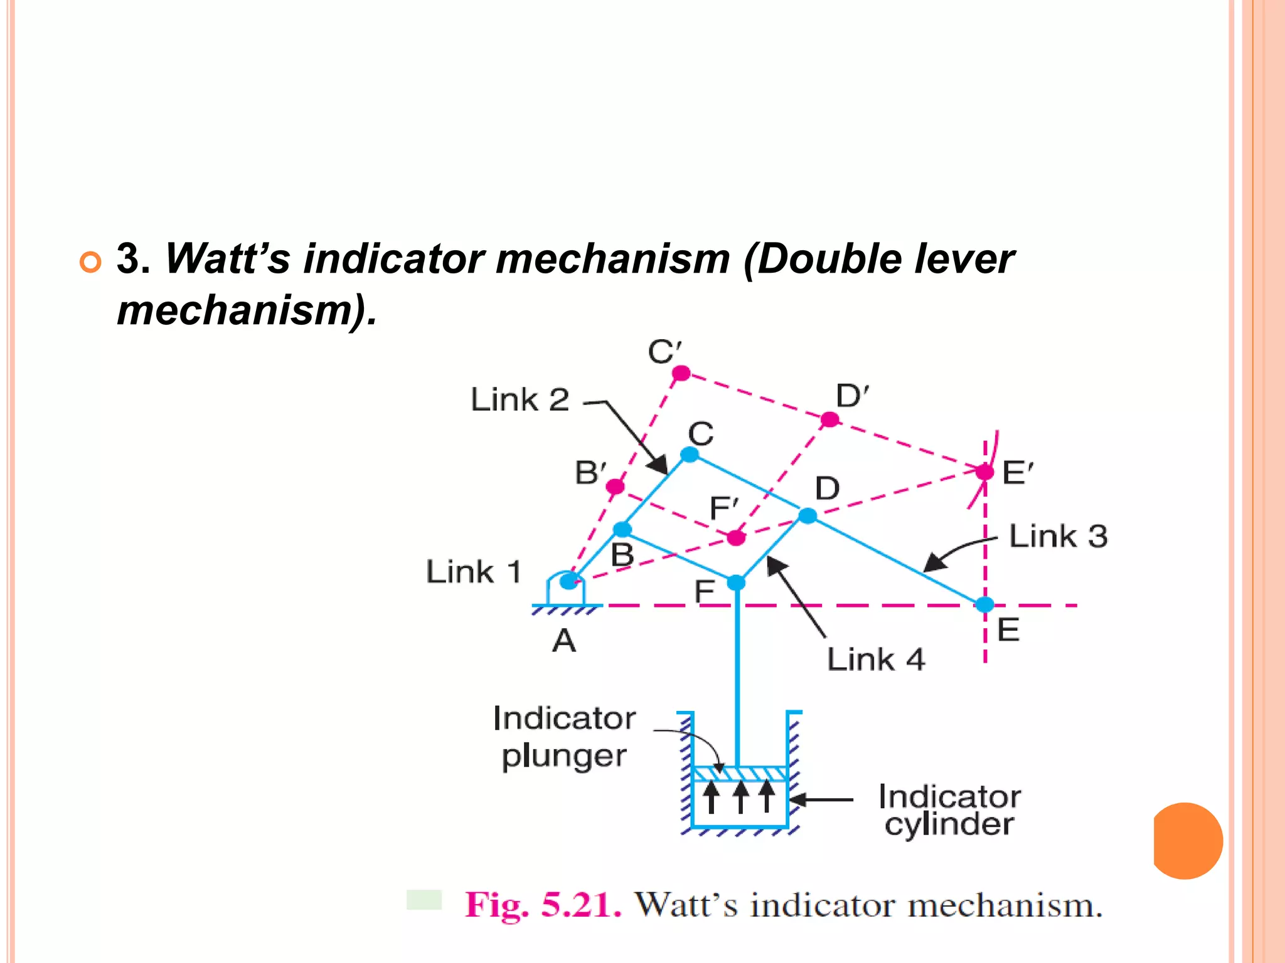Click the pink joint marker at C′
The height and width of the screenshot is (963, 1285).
pyautogui.click(x=681, y=374)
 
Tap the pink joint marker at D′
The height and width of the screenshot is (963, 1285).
pyautogui.click(x=829, y=419)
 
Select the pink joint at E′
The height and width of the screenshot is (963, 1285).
pyautogui.click(x=984, y=471)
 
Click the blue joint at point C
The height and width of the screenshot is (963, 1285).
pyautogui.click(x=690, y=455)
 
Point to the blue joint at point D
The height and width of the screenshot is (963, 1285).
pyautogui.click(x=808, y=515)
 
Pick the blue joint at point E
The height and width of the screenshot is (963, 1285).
pyautogui.click(x=984, y=604)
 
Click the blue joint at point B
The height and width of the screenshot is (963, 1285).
pyautogui.click(x=622, y=529)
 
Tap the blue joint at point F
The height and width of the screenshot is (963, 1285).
pyautogui.click(x=736, y=582)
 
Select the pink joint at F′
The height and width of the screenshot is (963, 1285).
pyautogui.click(x=736, y=537)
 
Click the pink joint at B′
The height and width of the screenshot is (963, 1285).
pyautogui.click(x=615, y=487)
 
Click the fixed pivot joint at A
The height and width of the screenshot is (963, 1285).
pyautogui.click(x=568, y=581)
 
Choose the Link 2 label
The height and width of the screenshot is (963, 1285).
pyautogui.click(x=520, y=400)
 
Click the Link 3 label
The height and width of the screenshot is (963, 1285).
pyautogui.click(x=1058, y=537)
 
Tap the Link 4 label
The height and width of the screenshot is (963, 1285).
pyautogui.click(x=876, y=660)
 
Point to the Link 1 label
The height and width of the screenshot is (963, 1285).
pyautogui.click(x=474, y=572)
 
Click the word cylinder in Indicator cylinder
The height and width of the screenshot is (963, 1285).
pyautogui.click(x=949, y=824)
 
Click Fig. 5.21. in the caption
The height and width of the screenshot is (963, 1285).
pyautogui.click(x=543, y=905)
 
